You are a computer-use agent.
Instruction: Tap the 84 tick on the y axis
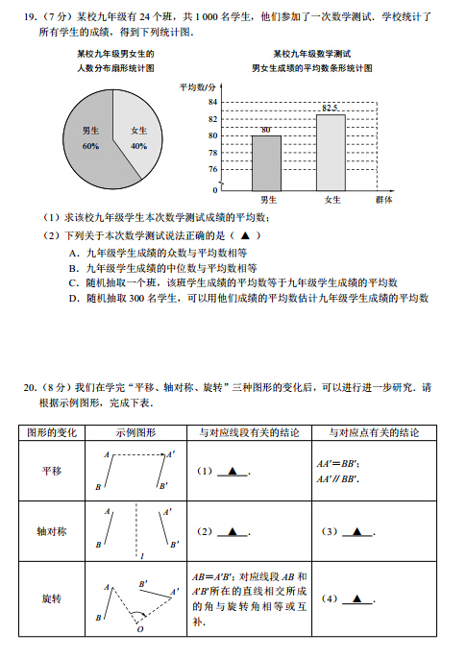(x=212, y=101)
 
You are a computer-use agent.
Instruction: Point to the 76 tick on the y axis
(x=212, y=169)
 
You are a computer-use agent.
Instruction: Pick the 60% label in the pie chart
(x=91, y=146)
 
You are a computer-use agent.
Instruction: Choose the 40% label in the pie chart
(x=139, y=146)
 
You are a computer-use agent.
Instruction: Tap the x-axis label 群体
(x=384, y=199)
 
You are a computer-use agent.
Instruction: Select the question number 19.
(x=30, y=16)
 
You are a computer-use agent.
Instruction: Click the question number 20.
(x=30, y=387)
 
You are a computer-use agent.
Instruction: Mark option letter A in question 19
(x=74, y=253)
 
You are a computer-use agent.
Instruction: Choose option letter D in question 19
(x=74, y=298)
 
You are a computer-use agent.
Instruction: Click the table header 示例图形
(x=135, y=433)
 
